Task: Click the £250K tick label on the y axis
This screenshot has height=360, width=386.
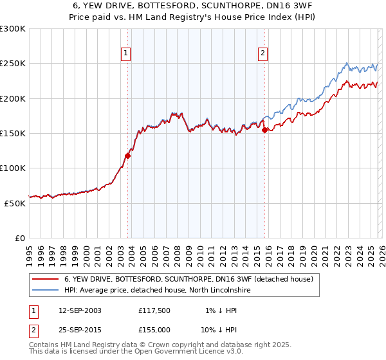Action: click(13, 64)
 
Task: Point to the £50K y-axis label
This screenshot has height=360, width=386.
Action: click(15, 203)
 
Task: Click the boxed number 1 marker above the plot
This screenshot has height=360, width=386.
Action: click(126, 53)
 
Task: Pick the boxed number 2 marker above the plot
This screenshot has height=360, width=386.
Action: click(263, 53)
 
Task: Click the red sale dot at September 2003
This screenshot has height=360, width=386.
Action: click(127, 156)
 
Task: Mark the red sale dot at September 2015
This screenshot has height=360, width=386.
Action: click(264, 130)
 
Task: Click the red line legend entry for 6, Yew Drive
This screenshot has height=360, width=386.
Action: click(188, 279)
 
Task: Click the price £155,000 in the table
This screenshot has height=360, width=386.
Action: click(154, 329)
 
